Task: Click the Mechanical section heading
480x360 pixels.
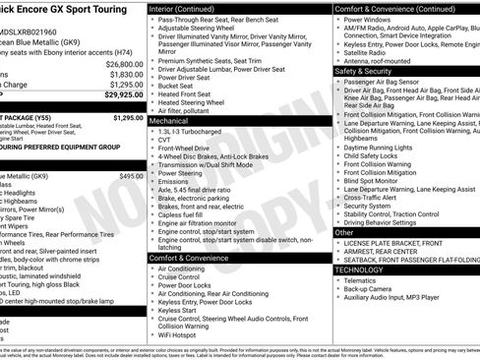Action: coord(177,119)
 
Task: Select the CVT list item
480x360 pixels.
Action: coord(164,139)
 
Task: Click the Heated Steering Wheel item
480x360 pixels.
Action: coord(196,100)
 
